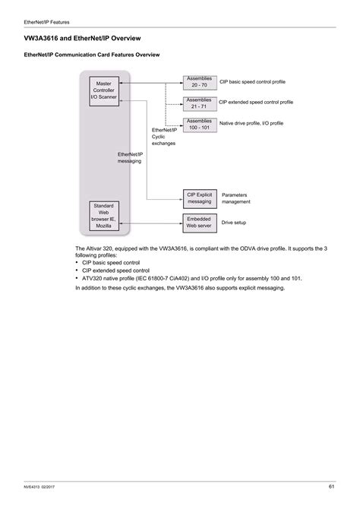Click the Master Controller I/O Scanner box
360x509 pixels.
tap(104, 90)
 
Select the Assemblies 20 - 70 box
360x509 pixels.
tap(199, 81)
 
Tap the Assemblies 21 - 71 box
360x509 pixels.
tap(199, 103)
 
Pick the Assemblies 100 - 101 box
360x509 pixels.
tap(199, 124)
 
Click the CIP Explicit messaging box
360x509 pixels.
tap(200, 198)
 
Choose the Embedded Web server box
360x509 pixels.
tap(200, 222)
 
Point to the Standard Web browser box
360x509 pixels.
tap(104, 215)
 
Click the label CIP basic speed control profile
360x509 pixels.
tap(254, 81)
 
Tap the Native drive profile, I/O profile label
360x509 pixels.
tap(251, 123)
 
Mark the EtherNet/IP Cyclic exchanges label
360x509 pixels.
tap(163, 136)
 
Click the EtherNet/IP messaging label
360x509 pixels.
tap(131, 158)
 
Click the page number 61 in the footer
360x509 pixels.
tap(332, 486)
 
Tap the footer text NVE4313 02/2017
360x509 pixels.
tap(46, 487)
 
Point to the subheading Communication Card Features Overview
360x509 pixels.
tap(93, 55)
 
